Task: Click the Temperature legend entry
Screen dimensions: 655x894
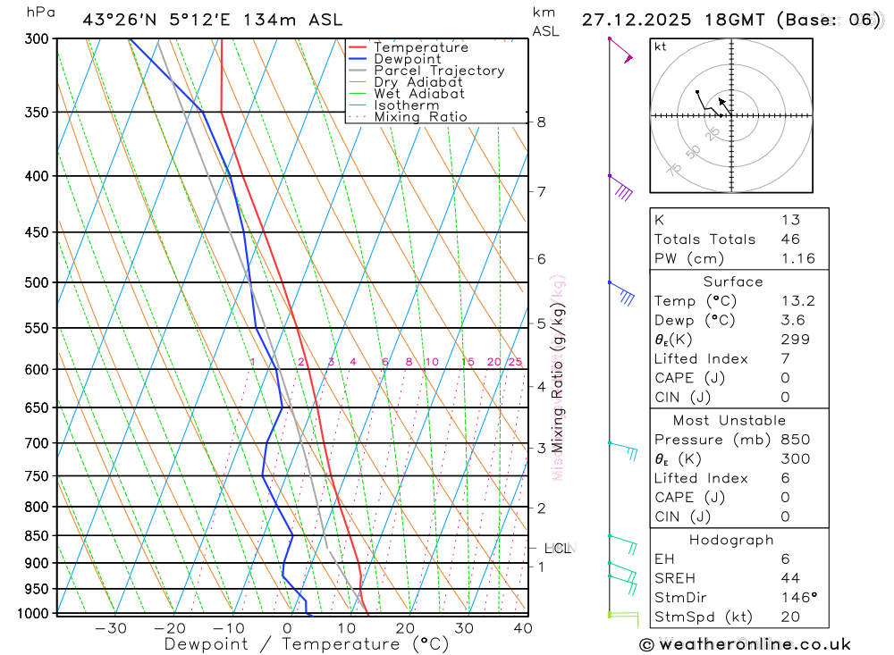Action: (x=420, y=47)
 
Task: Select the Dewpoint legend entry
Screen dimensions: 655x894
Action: (x=407, y=59)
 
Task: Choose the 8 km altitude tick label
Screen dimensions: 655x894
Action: (x=541, y=122)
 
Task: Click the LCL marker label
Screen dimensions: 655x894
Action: (x=557, y=549)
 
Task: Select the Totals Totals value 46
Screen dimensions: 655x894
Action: (x=790, y=239)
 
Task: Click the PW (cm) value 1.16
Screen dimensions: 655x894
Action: (x=797, y=259)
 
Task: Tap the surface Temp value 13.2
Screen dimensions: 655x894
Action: (x=797, y=301)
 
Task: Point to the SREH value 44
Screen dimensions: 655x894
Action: (x=790, y=578)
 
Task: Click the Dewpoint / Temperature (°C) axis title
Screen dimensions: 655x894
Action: (x=307, y=644)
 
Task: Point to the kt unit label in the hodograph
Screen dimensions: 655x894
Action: (x=661, y=46)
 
